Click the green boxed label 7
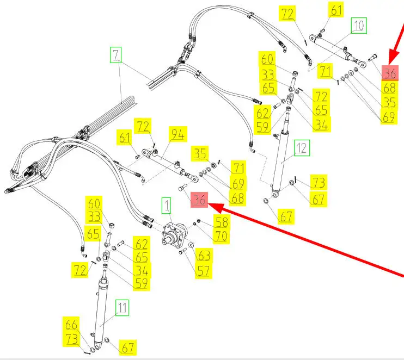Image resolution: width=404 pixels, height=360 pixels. point(115,55)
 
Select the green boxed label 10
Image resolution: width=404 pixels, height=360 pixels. point(358,25)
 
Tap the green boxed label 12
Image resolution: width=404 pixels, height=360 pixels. point(302,147)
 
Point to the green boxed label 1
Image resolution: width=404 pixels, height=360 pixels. point(165,206)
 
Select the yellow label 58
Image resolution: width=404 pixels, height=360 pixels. point(221,222)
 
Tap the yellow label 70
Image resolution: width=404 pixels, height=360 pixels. point(221,236)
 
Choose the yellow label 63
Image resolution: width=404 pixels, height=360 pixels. point(203,255)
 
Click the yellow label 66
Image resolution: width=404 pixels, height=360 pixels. point(71,324)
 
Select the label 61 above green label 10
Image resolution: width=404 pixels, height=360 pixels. point(336,10)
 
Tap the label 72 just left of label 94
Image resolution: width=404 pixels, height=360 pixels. point(143,127)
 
